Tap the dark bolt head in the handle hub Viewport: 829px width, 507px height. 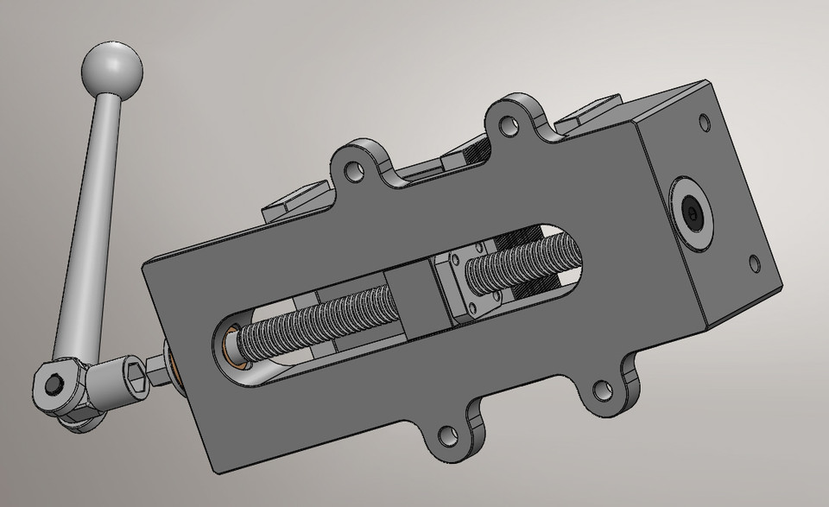click(x=53, y=383)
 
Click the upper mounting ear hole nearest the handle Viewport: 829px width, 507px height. click(x=353, y=169)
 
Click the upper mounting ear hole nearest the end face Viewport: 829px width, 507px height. click(x=509, y=128)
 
